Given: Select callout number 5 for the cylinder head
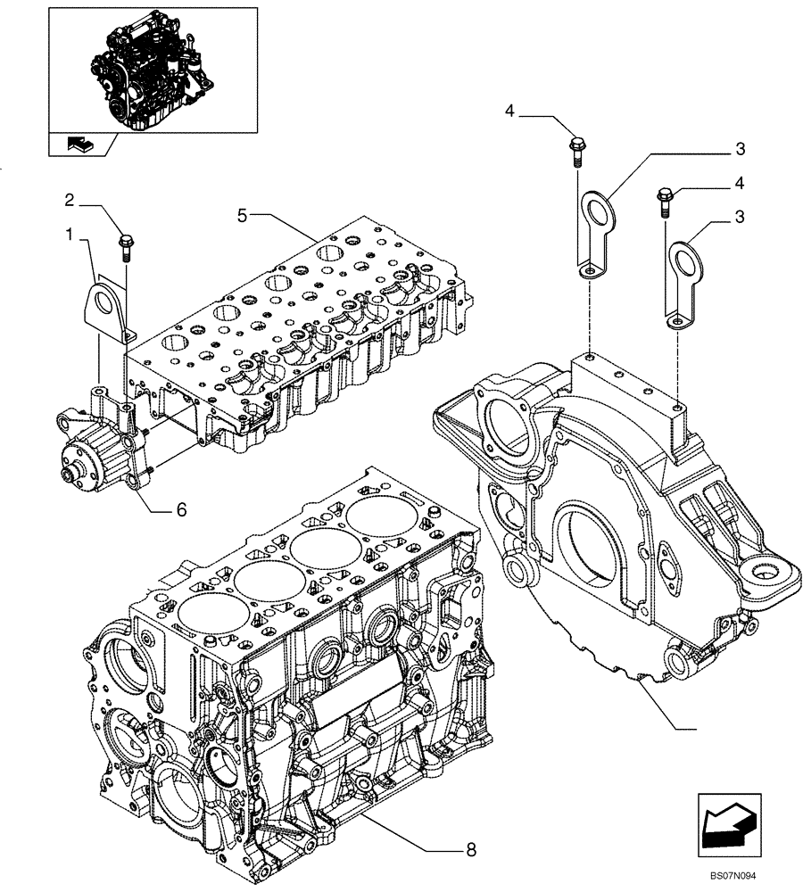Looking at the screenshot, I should (x=243, y=214).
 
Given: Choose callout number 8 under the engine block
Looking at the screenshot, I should (x=470, y=850).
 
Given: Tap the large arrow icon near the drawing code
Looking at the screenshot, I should (x=728, y=822).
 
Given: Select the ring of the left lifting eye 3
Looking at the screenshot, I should (x=594, y=212).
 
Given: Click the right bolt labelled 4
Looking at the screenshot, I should (x=666, y=201).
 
